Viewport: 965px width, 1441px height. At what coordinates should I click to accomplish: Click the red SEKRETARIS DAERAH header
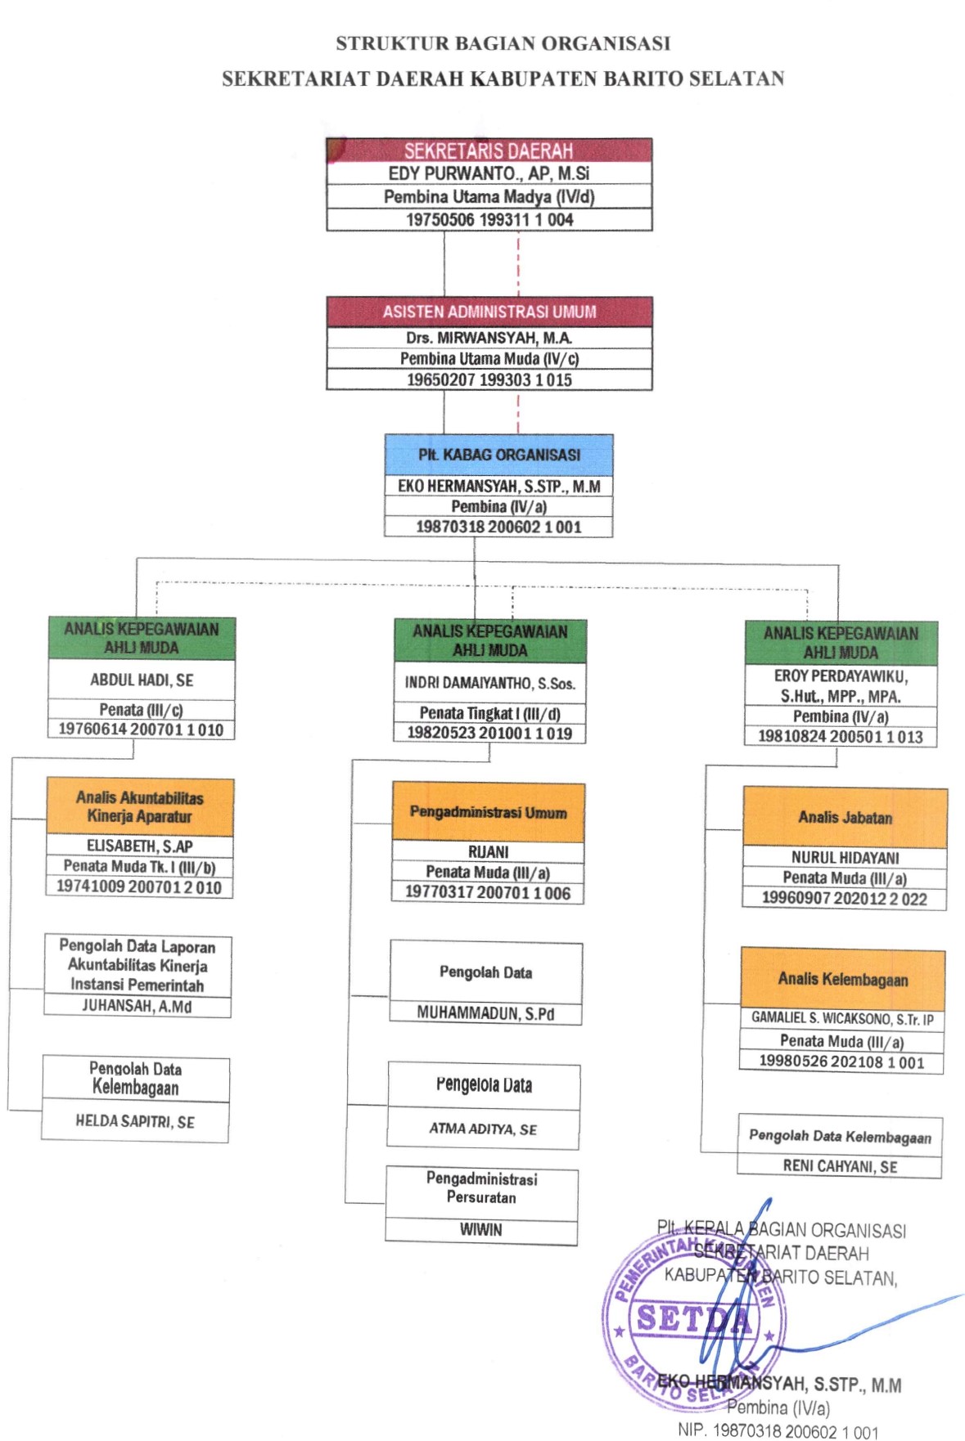coord(489,150)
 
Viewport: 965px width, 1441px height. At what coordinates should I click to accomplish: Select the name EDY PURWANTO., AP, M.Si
coord(489,173)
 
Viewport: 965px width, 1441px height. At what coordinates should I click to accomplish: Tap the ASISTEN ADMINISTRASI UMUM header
coord(489,312)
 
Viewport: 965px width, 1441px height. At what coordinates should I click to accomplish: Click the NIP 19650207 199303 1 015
coord(489,379)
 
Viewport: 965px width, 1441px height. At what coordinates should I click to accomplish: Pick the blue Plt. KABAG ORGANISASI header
coord(498,455)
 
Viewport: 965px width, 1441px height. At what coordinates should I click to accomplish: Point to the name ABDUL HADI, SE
coord(142,680)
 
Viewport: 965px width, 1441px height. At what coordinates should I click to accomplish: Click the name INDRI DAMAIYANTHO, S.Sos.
coord(489,683)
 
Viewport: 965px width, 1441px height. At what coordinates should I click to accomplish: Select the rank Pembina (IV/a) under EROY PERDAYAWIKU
coord(840,716)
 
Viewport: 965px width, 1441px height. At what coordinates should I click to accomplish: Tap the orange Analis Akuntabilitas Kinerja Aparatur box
coord(140,806)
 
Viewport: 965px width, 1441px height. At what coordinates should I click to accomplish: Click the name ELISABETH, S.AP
coord(140,846)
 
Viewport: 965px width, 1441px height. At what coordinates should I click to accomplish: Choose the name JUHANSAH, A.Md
coord(137,1006)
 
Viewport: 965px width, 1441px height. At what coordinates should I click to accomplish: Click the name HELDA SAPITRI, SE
coord(135,1121)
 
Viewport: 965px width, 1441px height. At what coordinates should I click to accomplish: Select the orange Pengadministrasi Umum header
coord(488,812)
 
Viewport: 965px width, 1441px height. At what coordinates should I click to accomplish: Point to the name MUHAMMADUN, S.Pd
coord(485,1013)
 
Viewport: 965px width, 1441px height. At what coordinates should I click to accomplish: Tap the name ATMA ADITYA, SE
coord(483,1129)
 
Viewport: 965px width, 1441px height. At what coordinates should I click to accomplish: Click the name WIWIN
coord(480,1229)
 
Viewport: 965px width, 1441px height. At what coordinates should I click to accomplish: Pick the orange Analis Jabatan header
coord(845,817)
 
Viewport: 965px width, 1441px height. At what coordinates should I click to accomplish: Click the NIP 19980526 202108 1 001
coord(841,1062)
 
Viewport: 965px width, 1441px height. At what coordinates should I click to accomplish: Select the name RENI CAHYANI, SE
coord(840,1166)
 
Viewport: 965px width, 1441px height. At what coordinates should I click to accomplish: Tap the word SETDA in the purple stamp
coord(692,1318)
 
